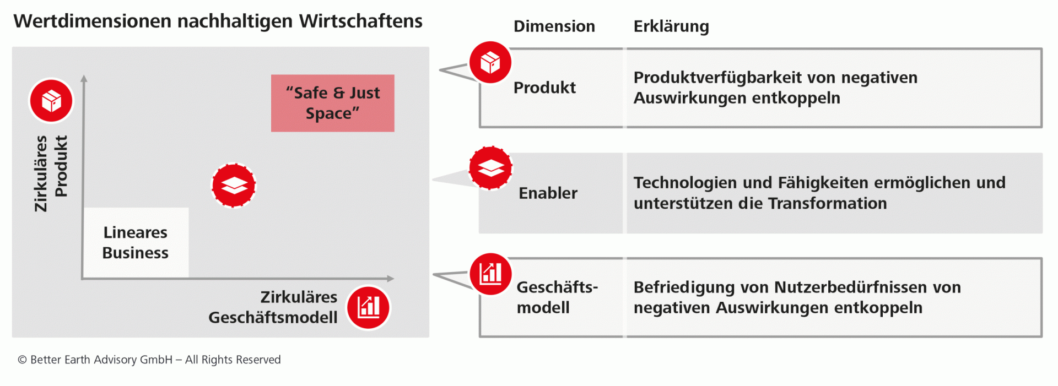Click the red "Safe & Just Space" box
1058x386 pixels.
pyautogui.click(x=332, y=103)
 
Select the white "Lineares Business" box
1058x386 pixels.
pyautogui.click(x=136, y=242)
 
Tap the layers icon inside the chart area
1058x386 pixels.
pyautogui.click(x=234, y=185)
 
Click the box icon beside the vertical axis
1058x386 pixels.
pyautogui.click(x=51, y=101)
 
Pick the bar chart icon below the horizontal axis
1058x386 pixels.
pyautogui.click(x=368, y=307)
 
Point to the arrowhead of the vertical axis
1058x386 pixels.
pyautogui.click(x=84, y=79)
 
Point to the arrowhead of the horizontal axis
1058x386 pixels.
pyautogui.click(x=390, y=279)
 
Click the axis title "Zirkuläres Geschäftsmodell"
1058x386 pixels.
pyautogui.click(x=273, y=307)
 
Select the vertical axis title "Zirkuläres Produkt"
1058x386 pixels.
pyautogui.click(x=51, y=173)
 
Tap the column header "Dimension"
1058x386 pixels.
pyautogui.click(x=554, y=26)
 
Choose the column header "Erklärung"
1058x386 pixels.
pyautogui.click(x=671, y=26)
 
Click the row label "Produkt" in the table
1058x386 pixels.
pyautogui.click(x=544, y=88)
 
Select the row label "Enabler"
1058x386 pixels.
pyautogui.click(x=548, y=193)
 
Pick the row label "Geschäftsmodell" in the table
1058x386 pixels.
pyautogui.click(x=557, y=297)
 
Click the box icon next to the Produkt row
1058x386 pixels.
pyautogui.click(x=490, y=62)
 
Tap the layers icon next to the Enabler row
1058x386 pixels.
pyautogui.click(x=490, y=168)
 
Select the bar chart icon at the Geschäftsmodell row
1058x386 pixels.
pyautogui.click(x=490, y=274)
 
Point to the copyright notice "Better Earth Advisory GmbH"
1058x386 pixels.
pyautogui.click(x=101, y=360)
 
